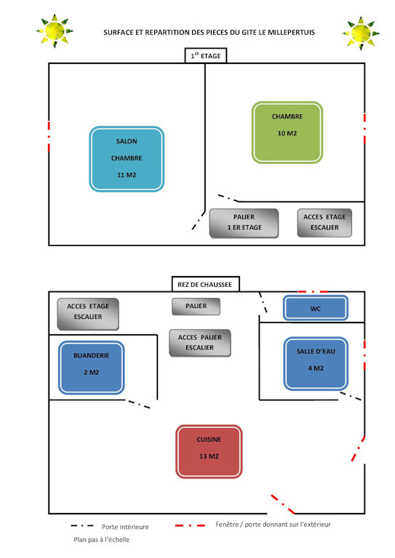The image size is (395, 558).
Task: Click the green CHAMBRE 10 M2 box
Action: click(287, 132)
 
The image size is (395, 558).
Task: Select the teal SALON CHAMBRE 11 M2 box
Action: click(127, 158)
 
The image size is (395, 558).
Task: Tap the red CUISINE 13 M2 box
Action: click(209, 451)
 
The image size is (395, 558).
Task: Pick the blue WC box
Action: click(316, 308)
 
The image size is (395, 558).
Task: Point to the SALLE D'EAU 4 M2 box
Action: click(316, 363)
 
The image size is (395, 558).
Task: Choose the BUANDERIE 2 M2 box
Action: click(91, 368)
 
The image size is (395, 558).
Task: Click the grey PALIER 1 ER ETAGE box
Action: click(244, 223)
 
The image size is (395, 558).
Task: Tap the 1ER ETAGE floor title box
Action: click(206, 55)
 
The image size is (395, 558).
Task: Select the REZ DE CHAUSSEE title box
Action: click(206, 284)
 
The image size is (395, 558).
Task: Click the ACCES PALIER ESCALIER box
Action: click(200, 343)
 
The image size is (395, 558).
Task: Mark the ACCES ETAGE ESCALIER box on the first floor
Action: click(324, 223)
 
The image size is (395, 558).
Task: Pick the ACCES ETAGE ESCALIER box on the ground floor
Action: click(88, 314)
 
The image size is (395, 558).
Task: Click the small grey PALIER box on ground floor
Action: click(196, 307)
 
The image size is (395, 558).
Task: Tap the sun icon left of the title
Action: click(55, 31)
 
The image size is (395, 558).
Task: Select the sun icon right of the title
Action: click(361, 33)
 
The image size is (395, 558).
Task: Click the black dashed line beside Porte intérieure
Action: click(82, 525)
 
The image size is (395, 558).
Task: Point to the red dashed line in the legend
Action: click(190, 525)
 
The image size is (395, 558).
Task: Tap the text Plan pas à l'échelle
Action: click(102, 540)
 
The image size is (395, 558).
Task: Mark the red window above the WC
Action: click(313, 292)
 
